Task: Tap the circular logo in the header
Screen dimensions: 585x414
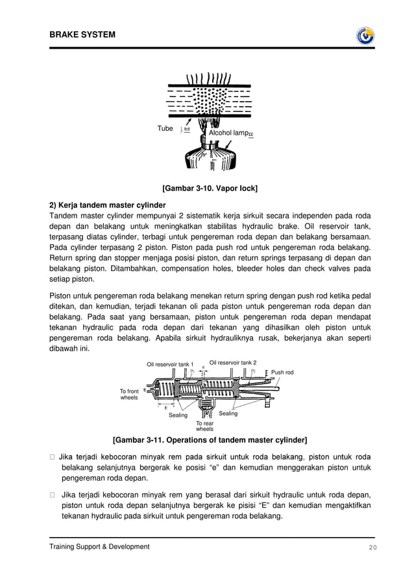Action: pyautogui.click(x=365, y=35)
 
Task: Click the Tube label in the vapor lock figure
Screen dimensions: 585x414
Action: pyautogui.click(x=165, y=128)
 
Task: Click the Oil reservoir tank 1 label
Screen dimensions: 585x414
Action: pyautogui.click(x=170, y=364)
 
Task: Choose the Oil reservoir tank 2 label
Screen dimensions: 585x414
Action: pyautogui.click(x=233, y=362)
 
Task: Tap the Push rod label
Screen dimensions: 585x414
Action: pyautogui.click(x=282, y=373)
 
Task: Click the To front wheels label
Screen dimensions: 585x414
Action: pyautogui.click(x=129, y=395)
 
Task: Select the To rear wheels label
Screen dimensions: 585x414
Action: pyautogui.click(x=204, y=426)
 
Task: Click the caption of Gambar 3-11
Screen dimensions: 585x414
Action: pyautogui.click(x=210, y=440)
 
